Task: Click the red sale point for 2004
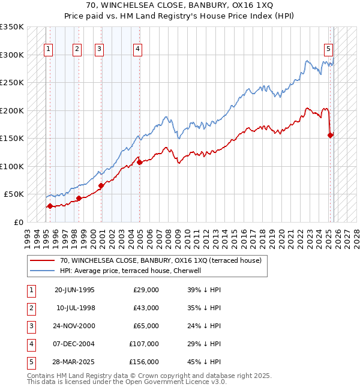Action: point(139,162)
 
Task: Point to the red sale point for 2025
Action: point(331,135)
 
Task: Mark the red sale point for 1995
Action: point(50,206)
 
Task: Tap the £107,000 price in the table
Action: point(144,344)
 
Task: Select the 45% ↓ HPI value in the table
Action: point(204,362)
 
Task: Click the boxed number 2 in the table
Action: point(31,308)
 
